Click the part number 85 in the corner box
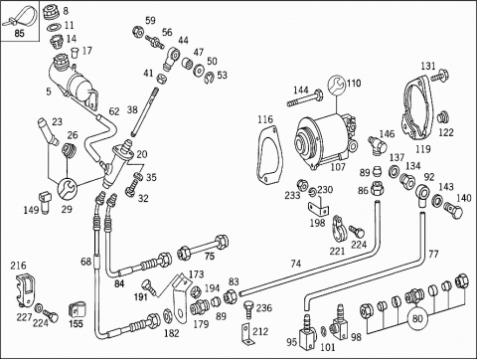pyautogui.click(x=20, y=34)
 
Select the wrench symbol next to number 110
pyautogui.click(x=336, y=85)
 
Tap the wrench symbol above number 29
pyautogui.click(x=68, y=189)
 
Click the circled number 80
pyautogui.click(x=417, y=318)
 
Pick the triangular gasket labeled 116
pyautogui.click(x=269, y=154)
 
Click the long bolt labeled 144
pyautogui.click(x=305, y=98)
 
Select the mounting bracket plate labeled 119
pyautogui.click(x=418, y=109)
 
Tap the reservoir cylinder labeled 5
pyautogui.click(x=73, y=84)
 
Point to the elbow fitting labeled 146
pyautogui.click(x=377, y=145)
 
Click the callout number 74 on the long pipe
pyautogui.click(x=296, y=264)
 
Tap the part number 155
pyautogui.click(x=76, y=323)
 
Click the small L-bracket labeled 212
pyautogui.click(x=245, y=335)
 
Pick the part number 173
pyautogui.click(x=197, y=274)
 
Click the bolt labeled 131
pyautogui.click(x=439, y=75)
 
